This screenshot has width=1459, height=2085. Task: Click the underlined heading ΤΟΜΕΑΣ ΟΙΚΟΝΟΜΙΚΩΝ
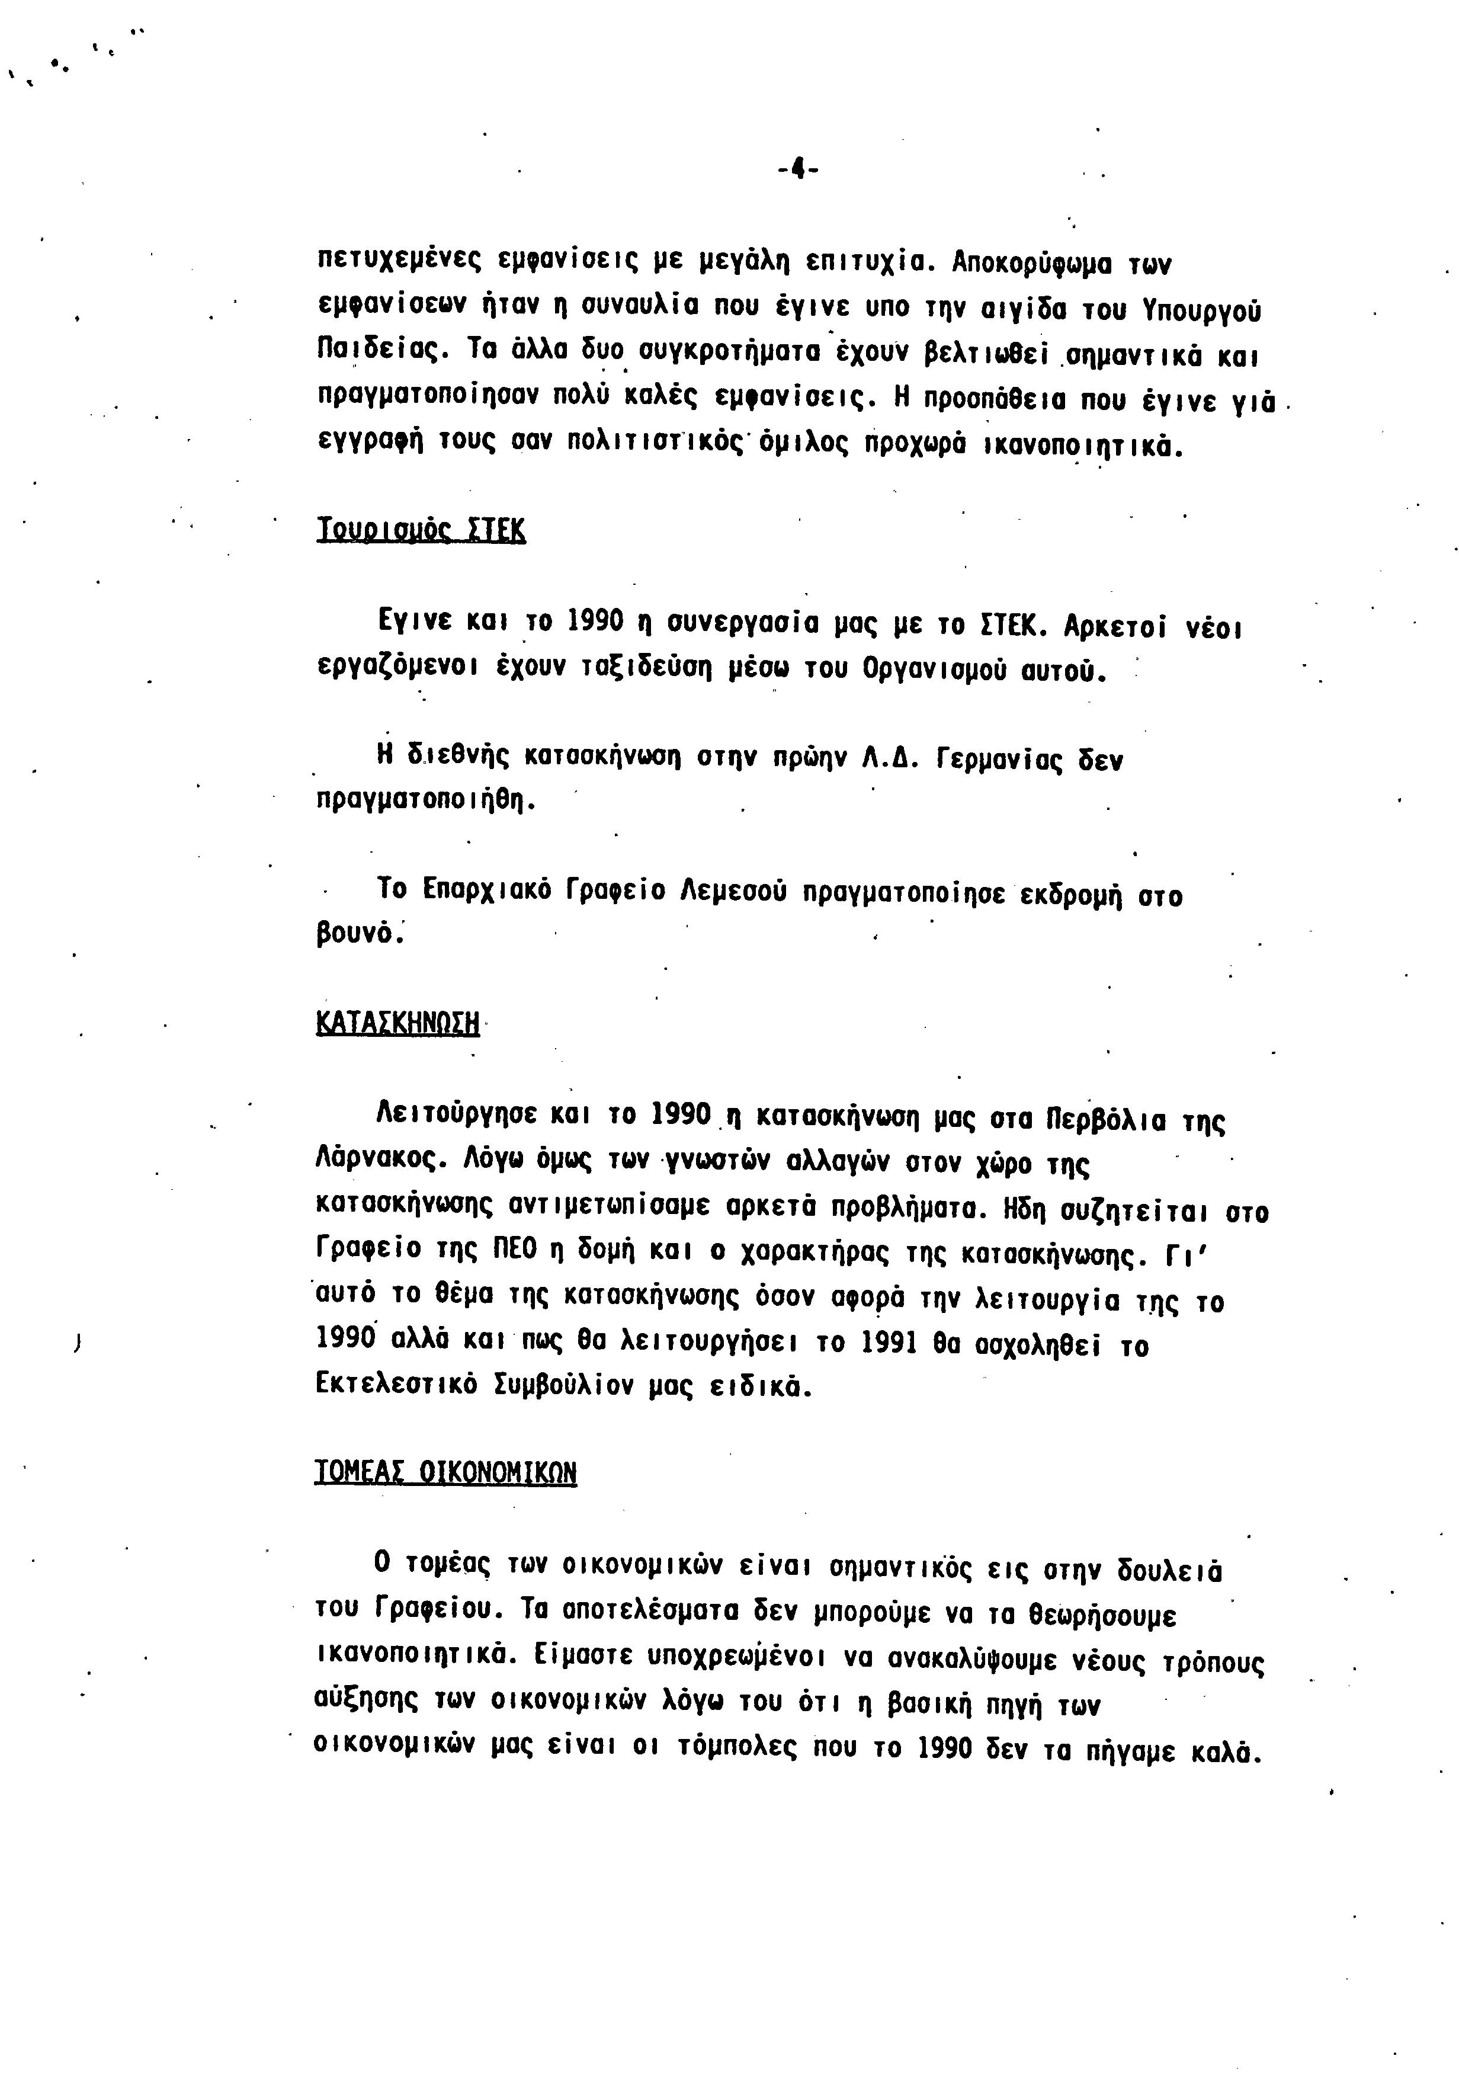(445, 1472)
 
